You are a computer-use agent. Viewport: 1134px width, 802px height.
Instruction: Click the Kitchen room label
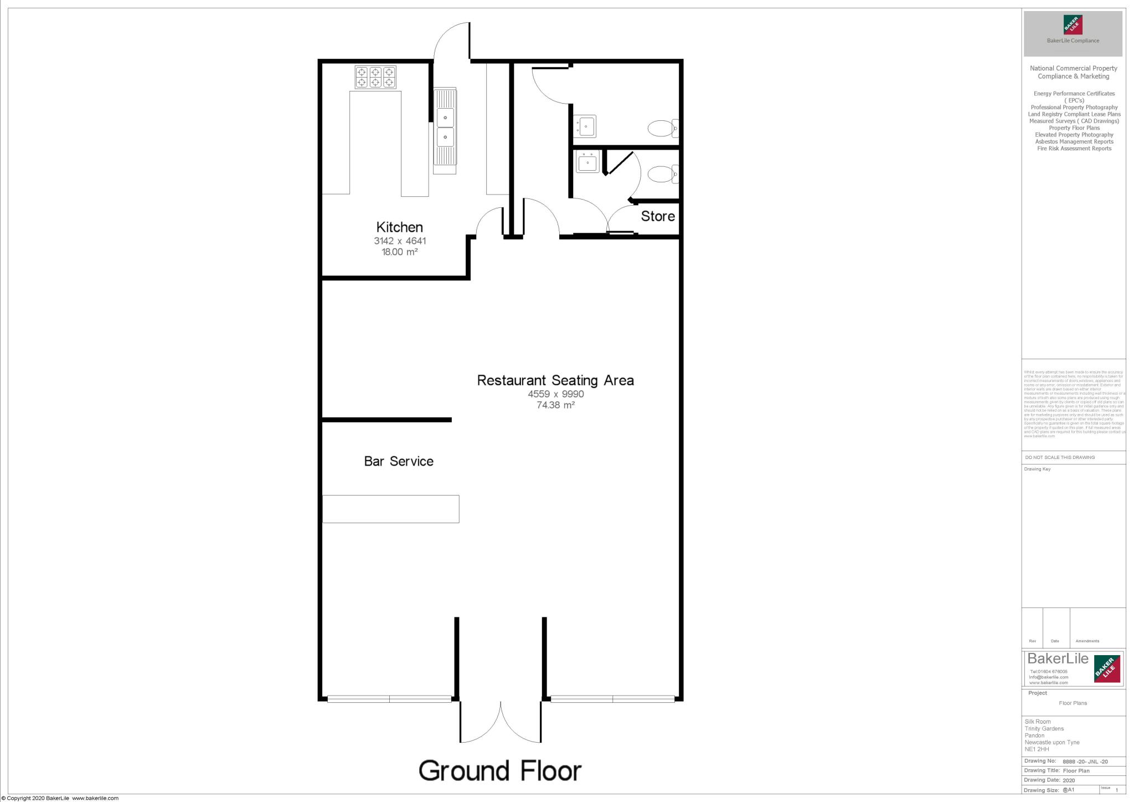[x=399, y=227]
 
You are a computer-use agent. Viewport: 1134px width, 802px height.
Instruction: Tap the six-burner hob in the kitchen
[x=375, y=77]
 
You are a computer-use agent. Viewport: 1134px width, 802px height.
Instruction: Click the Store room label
[x=657, y=216]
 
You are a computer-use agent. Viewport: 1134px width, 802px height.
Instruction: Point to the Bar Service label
[x=398, y=461]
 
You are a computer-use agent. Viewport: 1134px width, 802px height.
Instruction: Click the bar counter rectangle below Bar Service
[x=390, y=509]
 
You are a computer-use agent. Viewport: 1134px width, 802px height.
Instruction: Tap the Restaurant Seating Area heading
[x=555, y=380]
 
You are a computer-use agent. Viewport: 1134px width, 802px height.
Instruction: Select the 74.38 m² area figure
[x=555, y=405]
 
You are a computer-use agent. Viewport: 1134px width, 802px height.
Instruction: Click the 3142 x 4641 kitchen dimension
[x=399, y=241]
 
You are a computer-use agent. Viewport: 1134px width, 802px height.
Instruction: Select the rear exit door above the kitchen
[x=451, y=42]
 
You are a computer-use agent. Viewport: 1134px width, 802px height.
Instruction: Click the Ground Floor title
[x=499, y=770]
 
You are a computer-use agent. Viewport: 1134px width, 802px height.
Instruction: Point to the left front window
[x=389, y=699]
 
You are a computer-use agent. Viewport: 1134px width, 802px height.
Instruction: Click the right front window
[x=612, y=699]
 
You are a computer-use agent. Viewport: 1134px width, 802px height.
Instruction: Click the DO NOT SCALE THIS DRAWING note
[x=1060, y=457]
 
